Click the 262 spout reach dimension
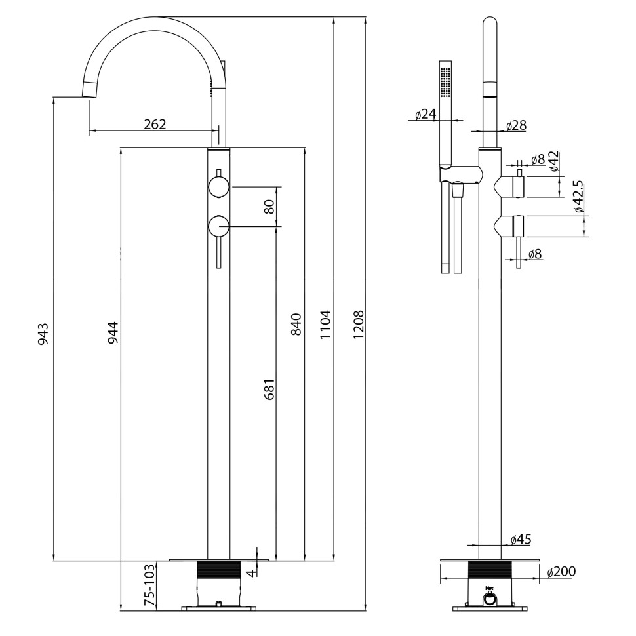(155, 124)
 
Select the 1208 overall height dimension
(358, 324)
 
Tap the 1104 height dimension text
(326, 324)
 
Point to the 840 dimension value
(296, 324)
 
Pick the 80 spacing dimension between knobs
(268, 207)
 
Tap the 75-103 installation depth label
(150, 586)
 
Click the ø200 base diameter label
(561, 572)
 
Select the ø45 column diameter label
(520, 539)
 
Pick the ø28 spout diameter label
(516, 125)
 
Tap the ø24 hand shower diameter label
(426, 114)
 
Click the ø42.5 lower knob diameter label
(578, 197)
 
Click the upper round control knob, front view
(218, 188)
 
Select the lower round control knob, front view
(218, 228)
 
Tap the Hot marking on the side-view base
(488, 588)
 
